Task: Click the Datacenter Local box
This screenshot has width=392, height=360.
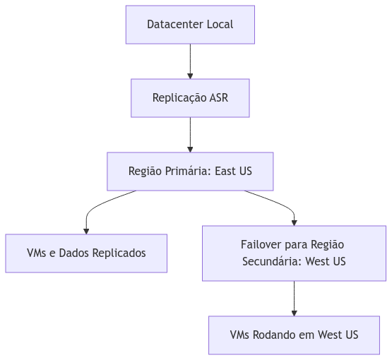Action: click(x=190, y=25)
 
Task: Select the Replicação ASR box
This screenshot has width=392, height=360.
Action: click(x=190, y=98)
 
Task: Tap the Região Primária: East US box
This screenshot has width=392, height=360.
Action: click(x=190, y=172)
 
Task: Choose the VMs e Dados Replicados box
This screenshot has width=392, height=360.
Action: click(x=86, y=253)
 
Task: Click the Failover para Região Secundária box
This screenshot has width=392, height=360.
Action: click(x=295, y=253)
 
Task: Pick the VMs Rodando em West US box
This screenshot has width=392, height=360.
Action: click(x=295, y=335)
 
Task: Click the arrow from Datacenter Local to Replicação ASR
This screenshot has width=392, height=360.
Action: click(x=190, y=61)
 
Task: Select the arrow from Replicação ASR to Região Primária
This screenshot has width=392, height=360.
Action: click(x=190, y=135)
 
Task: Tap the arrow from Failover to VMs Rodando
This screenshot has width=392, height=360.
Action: click(x=295, y=299)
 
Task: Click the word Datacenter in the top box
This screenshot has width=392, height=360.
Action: click(x=175, y=25)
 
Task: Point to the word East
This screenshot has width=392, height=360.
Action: click(x=225, y=171)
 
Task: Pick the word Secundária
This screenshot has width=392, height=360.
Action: click(x=272, y=262)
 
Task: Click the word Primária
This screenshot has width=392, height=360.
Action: click(x=188, y=172)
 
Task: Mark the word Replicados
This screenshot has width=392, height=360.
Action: click(x=119, y=253)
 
